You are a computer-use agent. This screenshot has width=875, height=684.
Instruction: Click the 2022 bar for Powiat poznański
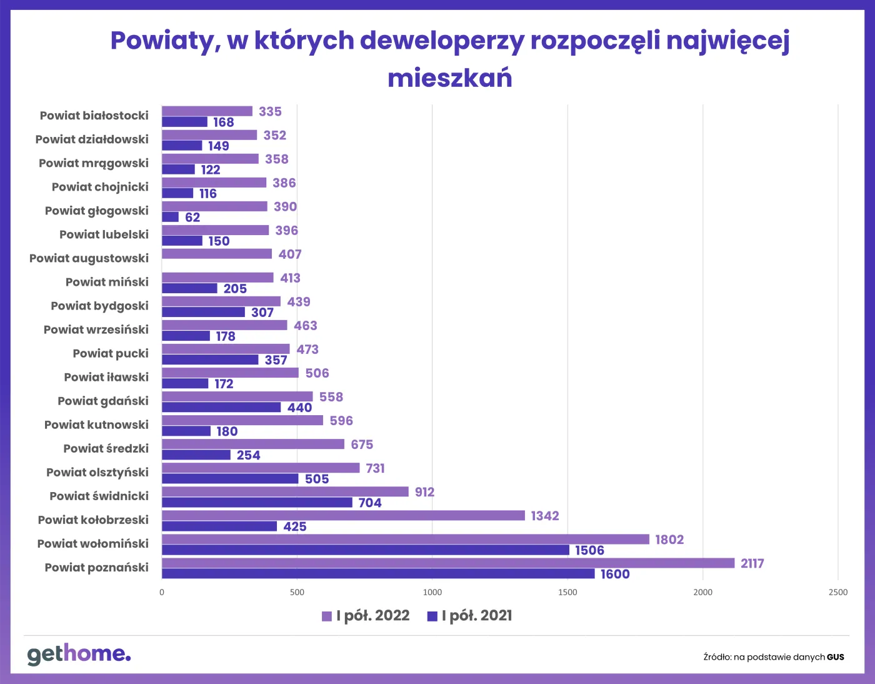[447, 563]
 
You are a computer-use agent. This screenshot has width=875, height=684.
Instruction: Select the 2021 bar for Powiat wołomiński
[365, 550]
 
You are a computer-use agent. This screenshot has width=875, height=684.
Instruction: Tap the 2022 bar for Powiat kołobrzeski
[343, 515]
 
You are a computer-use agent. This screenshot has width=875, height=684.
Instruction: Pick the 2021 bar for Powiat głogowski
[170, 217]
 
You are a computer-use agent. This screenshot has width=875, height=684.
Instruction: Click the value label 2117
[752, 563]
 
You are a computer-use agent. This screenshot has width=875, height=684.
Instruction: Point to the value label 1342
[544, 516]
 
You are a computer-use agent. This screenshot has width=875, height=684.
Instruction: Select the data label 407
[290, 254]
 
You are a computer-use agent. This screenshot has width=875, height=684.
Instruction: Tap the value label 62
[192, 218]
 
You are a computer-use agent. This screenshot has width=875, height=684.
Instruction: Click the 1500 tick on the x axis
[567, 592]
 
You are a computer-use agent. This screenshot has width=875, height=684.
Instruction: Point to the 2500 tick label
[838, 592]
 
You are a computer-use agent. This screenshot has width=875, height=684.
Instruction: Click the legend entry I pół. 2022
[366, 616]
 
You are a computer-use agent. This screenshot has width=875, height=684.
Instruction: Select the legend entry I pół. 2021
[469, 616]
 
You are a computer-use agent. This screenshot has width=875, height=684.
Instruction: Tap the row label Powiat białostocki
[94, 116]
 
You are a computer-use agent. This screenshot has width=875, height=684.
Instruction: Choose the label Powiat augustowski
[89, 258]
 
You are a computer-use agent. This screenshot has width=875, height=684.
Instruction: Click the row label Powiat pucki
[111, 353]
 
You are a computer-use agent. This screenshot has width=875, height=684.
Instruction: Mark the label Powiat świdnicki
[99, 496]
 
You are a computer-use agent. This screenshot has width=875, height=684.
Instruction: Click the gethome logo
[79, 654]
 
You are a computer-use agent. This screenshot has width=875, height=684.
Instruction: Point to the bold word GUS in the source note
[836, 657]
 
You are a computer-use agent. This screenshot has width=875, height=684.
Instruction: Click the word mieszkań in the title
[449, 78]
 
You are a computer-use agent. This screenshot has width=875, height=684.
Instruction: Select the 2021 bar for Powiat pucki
[210, 360]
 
